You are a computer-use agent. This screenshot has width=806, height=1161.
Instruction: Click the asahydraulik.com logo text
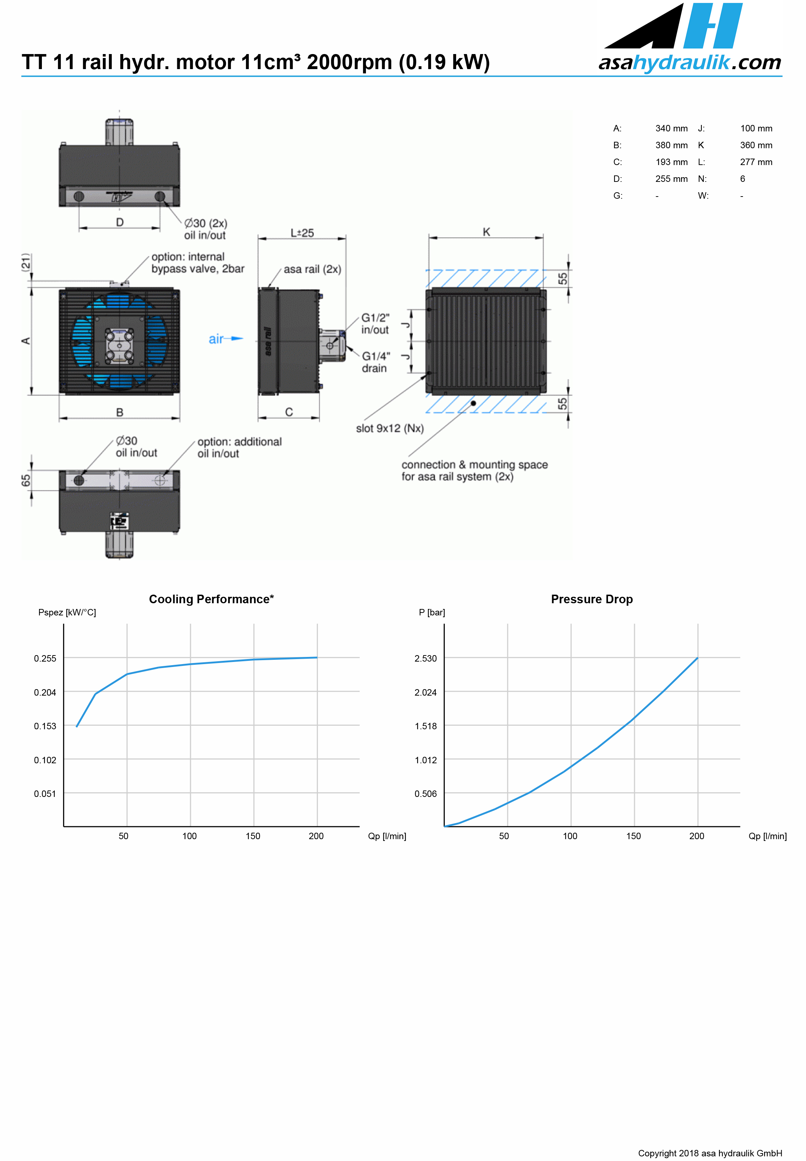690,63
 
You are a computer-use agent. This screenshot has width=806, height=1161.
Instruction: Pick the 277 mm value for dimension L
756,162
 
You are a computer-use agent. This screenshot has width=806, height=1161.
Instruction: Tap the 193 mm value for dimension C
671,162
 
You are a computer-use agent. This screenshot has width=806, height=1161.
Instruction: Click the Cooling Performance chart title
211,599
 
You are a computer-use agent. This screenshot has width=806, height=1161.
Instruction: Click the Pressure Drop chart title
592,599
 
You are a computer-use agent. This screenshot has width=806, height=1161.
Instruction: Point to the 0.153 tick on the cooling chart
45,726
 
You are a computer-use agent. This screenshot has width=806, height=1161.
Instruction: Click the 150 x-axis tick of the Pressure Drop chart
633,836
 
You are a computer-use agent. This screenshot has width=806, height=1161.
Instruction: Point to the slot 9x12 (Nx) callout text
390,429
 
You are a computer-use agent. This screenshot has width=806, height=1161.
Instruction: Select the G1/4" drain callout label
376,362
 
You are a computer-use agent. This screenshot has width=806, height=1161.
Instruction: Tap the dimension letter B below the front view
120,412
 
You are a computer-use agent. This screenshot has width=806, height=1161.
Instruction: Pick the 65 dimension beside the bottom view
26,480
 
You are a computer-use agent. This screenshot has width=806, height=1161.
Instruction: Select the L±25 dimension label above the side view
302,233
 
